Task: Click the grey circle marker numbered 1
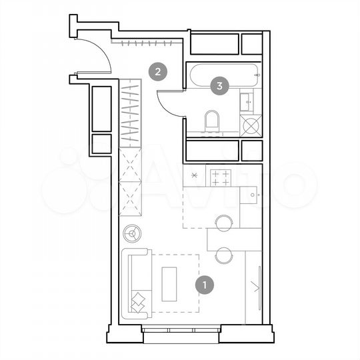(x=205, y=285)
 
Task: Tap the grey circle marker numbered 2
(x=157, y=71)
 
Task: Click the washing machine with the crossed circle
(x=251, y=125)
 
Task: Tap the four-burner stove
(x=221, y=177)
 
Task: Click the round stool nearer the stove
(x=223, y=223)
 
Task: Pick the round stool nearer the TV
(x=223, y=255)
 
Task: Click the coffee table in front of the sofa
(x=169, y=283)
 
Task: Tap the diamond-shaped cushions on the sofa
(x=139, y=302)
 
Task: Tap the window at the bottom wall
(x=180, y=329)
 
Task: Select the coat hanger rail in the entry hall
(x=145, y=43)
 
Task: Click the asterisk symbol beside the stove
(x=195, y=176)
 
